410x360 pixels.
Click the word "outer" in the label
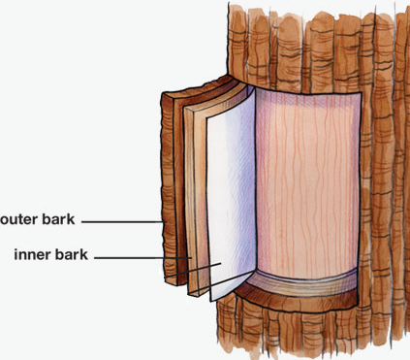pos(21,221)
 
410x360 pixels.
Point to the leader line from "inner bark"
pos(155,257)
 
